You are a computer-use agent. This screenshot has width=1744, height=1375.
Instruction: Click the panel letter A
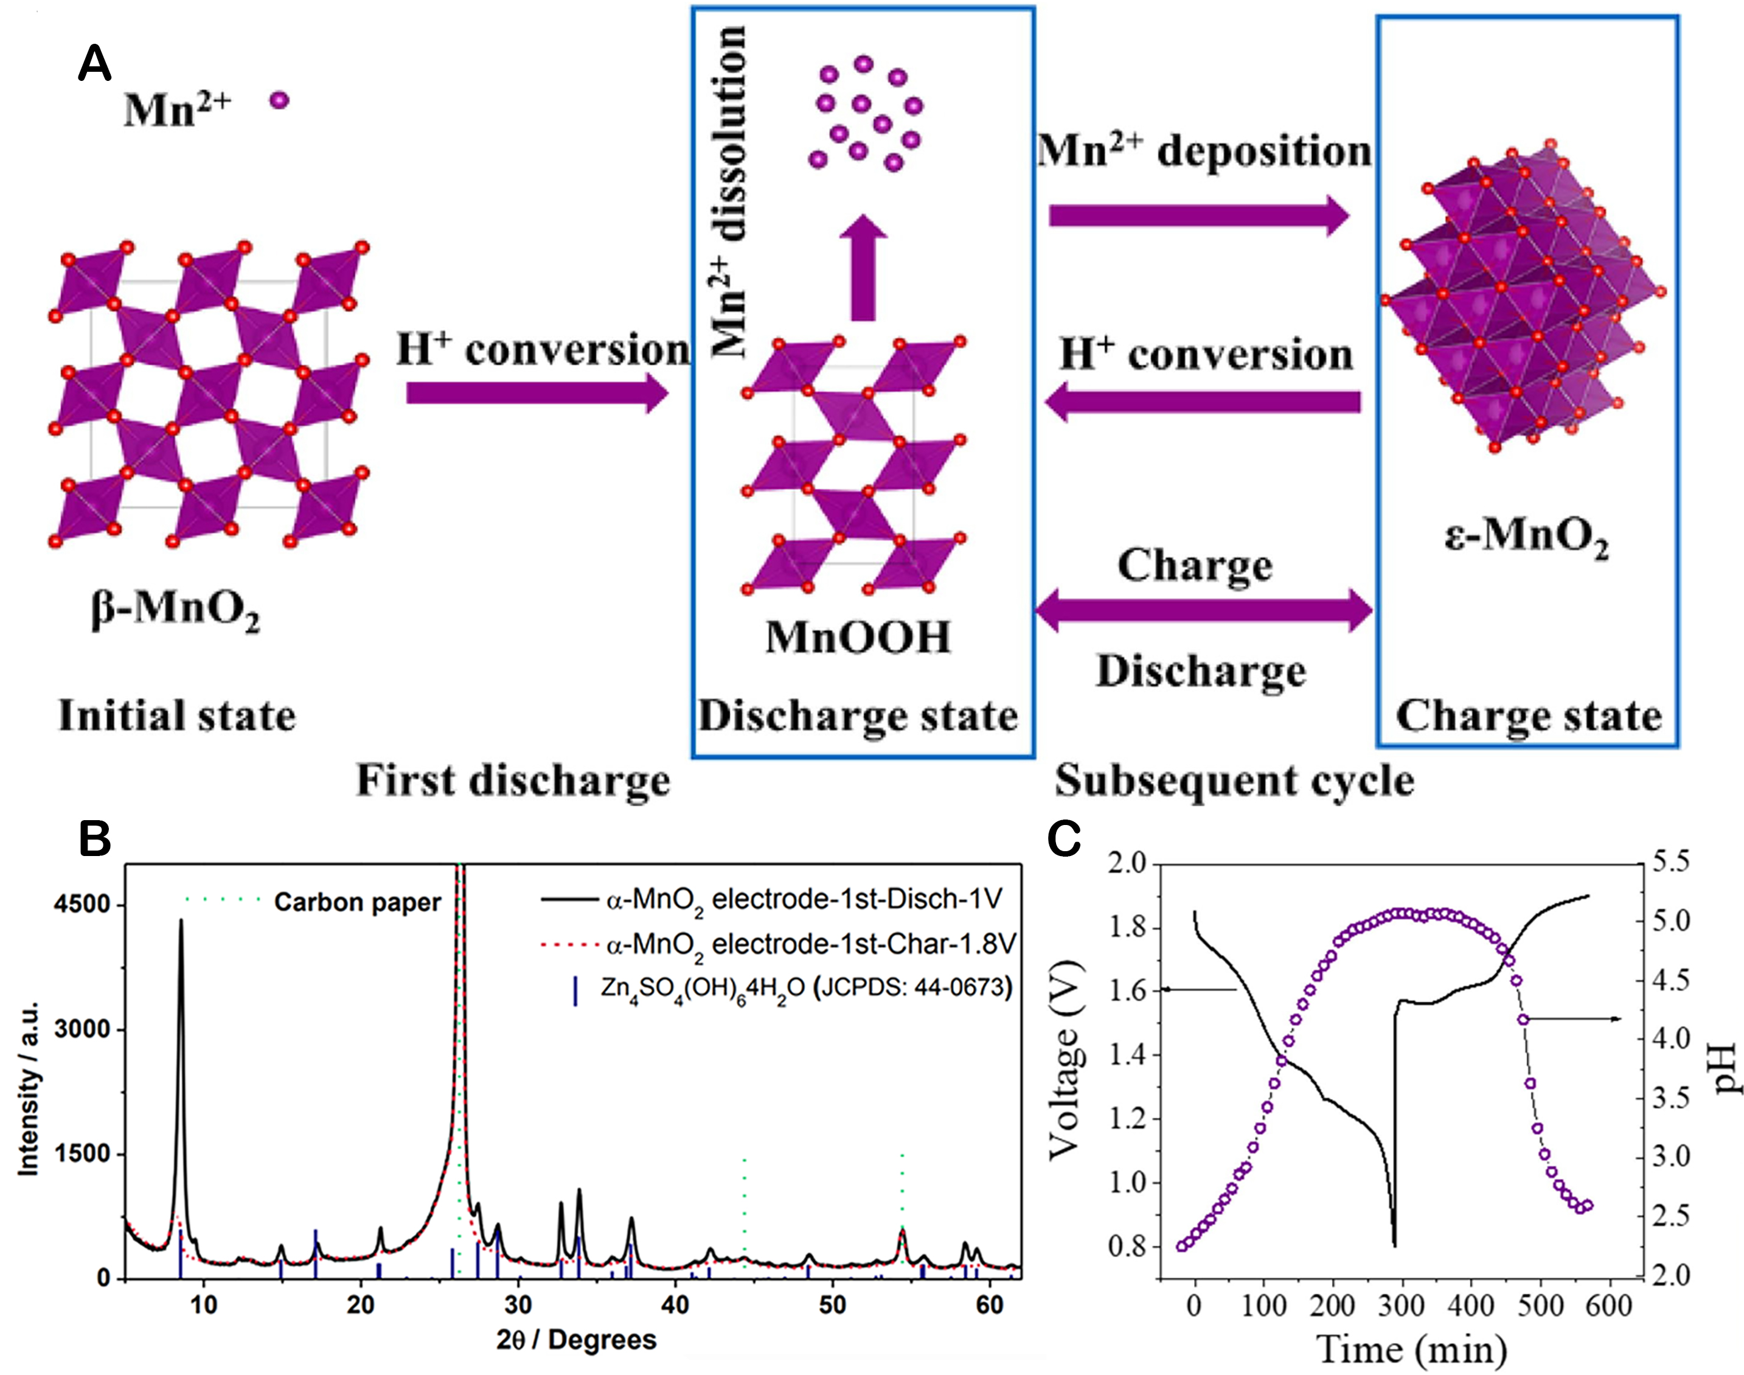[94, 64]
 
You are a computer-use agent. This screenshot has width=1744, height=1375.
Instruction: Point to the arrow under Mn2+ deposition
[1199, 216]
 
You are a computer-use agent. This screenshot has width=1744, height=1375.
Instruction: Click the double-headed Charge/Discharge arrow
[1203, 610]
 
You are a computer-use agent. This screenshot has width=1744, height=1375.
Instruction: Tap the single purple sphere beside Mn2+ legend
[279, 100]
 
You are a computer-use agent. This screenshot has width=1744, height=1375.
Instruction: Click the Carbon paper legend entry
[357, 902]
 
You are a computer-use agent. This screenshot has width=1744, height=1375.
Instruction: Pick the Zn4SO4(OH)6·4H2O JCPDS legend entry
[805, 988]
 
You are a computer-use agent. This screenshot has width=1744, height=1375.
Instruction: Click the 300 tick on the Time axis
[1402, 1305]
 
